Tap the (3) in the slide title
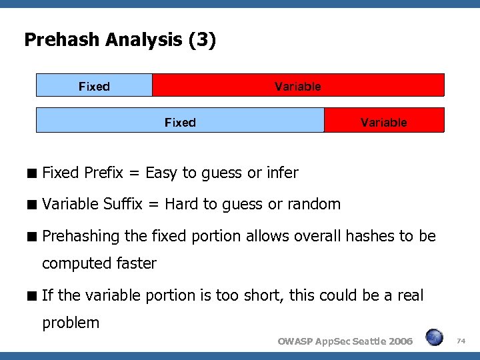tap(202, 41)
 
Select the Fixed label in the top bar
tap(94, 86)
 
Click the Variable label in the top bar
tap(297, 86)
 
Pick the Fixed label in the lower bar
tap(180, 122)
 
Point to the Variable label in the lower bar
tap(383, 122)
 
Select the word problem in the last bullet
tap(71, 323)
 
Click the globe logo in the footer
tap(435, 338)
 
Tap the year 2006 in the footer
tap(400, 341)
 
